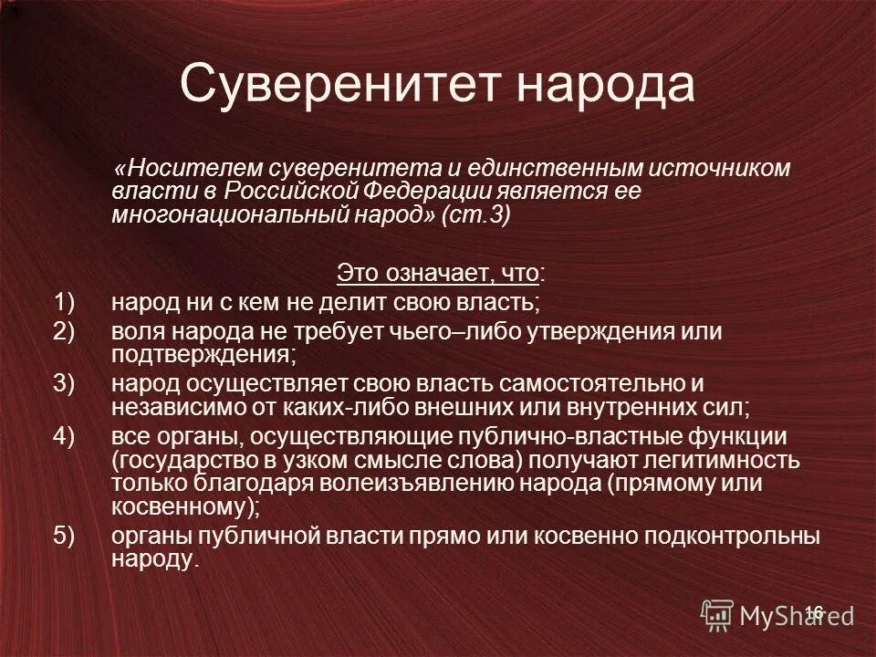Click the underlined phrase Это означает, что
pos(438,272)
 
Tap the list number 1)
pos(68,300)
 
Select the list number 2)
pos(68,331)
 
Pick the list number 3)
pos(68,384)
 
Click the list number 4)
pos(68,437)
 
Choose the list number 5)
pos(68,537)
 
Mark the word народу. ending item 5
pos(154,559)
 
